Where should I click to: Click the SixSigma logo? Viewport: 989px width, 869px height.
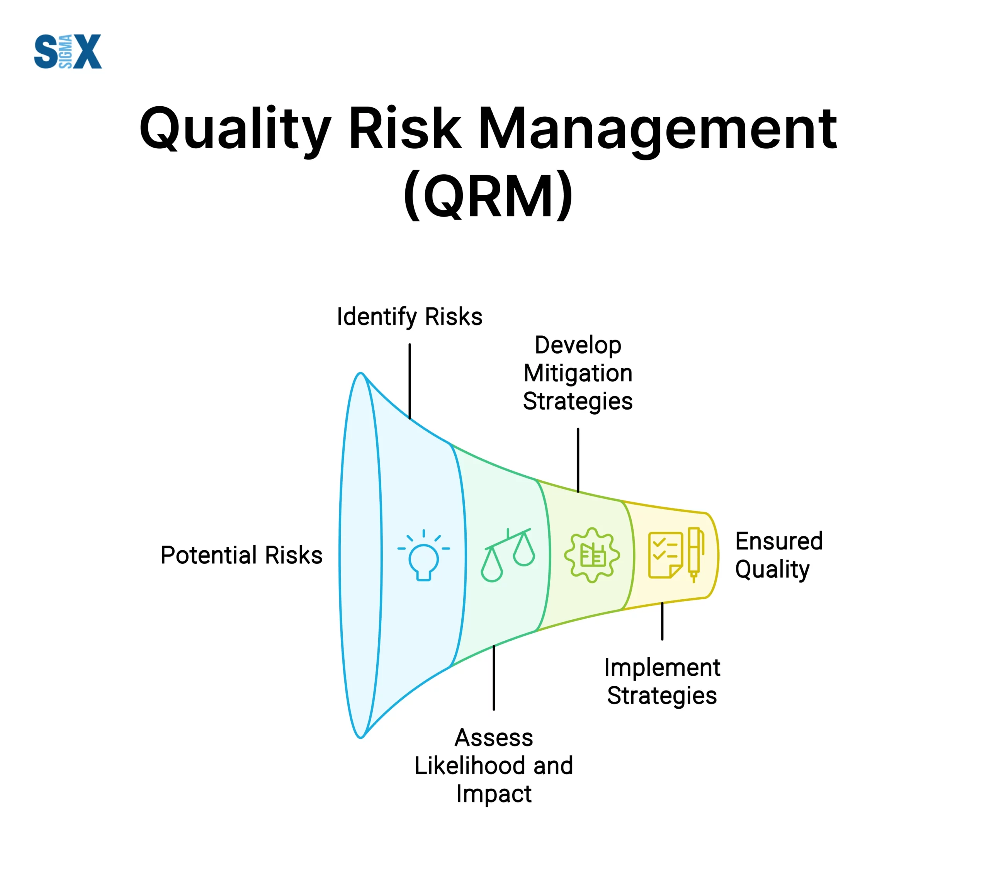[68, 51]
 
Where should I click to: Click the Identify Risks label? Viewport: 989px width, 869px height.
[410, 317]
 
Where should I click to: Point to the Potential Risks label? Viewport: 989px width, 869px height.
[241, 555]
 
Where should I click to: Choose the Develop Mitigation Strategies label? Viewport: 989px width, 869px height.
[578, 373]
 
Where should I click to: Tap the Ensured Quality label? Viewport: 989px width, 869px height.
[779, 555]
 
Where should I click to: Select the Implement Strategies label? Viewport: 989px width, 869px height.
[662, 682]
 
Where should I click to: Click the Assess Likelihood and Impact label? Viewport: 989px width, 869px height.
[493, 766]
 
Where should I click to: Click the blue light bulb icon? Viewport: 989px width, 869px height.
[423, 556]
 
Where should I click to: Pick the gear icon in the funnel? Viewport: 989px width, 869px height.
[592, 555]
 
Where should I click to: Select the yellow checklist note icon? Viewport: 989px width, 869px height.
[666, 555]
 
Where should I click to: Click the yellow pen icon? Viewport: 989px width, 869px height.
[695, 554]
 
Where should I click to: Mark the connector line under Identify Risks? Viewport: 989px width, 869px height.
[410, 381]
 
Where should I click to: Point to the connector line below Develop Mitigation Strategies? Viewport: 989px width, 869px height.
[578, 460]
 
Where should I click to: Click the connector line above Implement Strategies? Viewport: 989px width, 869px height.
[662, 621]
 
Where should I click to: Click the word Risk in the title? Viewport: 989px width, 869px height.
[404, 128]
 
